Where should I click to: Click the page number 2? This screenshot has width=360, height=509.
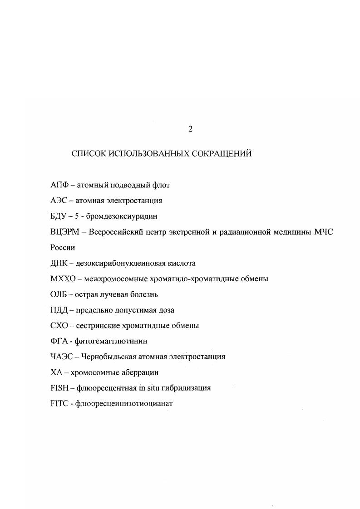pos(191,129)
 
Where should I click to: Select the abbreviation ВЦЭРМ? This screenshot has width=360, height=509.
pos(65,232)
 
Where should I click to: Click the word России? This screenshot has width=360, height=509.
pos(63,248)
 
